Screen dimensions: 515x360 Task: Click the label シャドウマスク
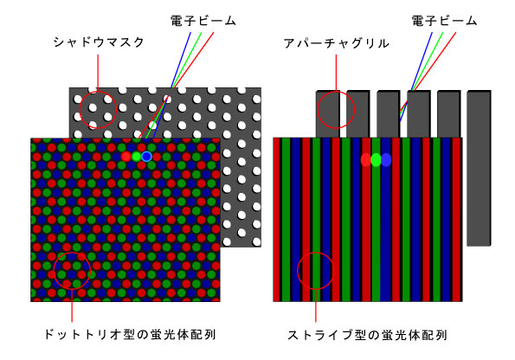click(99, 42)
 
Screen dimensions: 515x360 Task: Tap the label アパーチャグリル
click(337, 43)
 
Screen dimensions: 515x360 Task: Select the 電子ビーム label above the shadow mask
click(203, 21)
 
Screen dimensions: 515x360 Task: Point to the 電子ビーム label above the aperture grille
click(444, 21)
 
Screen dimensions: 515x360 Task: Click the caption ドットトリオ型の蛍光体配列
click(131, 335)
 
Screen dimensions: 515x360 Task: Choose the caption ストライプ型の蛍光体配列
click(367, 335)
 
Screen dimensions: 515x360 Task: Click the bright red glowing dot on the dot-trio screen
click(126, 157)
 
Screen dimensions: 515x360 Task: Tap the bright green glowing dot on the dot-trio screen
click(136, 157)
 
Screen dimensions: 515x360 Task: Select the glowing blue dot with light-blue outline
click(146, 157)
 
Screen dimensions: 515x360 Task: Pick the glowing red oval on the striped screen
click(365, 160)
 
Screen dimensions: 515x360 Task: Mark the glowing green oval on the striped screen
click(376, 160)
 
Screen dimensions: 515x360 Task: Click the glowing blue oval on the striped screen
click(386, 160)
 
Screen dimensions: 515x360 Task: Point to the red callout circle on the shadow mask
click(80, 109)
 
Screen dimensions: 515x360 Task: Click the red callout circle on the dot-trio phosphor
click(54, 271)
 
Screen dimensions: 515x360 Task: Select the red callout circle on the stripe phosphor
click(297, 271)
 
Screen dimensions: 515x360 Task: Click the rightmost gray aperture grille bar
click(479, 168)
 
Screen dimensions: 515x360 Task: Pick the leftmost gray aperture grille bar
click(328, 114)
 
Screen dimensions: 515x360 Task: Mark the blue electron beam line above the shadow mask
click(181, 60)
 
